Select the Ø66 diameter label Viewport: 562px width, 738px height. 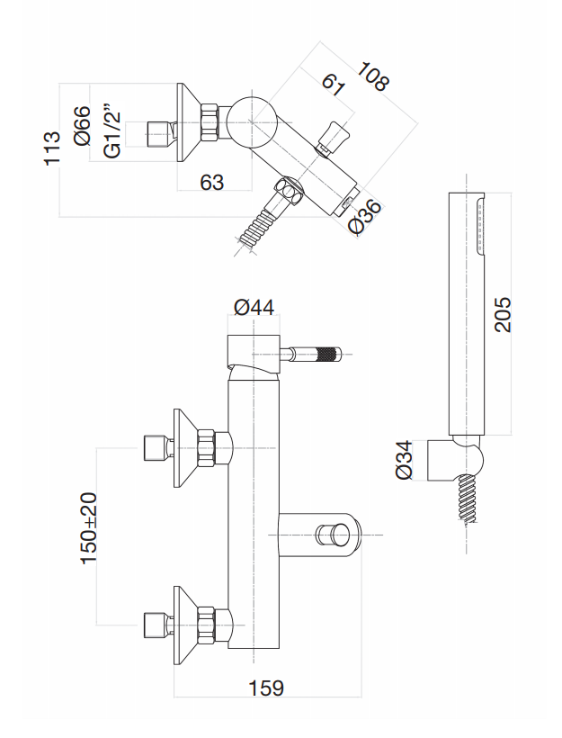tap(84, 126)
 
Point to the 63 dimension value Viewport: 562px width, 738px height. tap(212, 183)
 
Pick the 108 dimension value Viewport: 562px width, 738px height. tap(372, 76)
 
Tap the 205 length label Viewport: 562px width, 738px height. tap(504, 314)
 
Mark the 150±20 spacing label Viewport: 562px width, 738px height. tap(90, 528)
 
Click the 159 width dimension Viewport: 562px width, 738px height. tap(265, 688)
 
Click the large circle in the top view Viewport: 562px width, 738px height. tap(251, 120)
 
